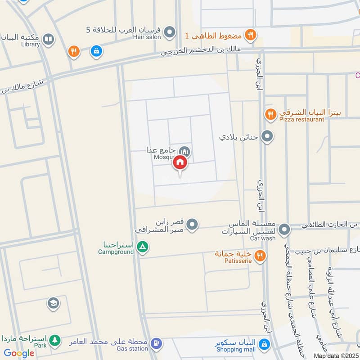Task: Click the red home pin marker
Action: tap(180, 163)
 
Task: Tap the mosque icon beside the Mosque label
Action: tap(184, 152)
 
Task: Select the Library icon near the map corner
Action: tap(48, 40)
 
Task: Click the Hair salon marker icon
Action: tap(170, 32)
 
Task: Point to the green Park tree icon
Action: tap(55, 341)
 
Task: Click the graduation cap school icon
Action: tap(53, 304)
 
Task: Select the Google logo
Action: tap(19, 353)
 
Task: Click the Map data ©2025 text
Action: tap(335, 355)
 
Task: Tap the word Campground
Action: tap(116, 252)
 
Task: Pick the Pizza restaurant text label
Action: tap(301, 119)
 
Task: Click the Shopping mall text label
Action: tap(235, 349)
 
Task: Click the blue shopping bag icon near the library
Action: tap(96, 51)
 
